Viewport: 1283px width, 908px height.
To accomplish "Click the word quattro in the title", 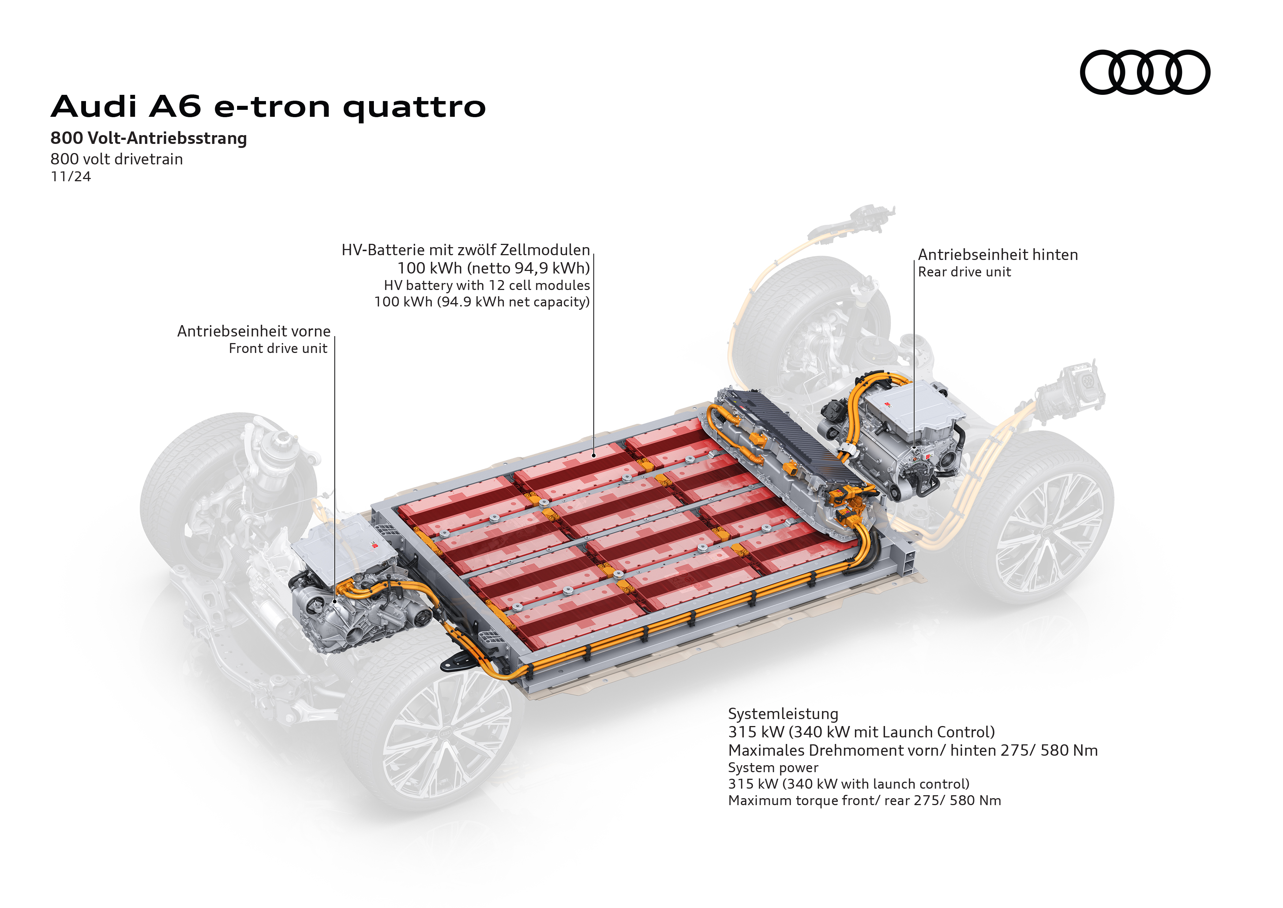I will click(414, 107).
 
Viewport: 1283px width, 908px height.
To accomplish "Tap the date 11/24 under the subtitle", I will click(70, 177).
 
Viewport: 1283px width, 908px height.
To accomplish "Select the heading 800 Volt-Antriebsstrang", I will click(149, 138).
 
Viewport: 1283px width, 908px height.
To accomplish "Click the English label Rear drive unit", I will click(964, 272).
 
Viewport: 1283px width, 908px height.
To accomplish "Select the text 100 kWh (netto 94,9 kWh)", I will click(494, 268).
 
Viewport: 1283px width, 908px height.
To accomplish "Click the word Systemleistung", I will click(783, 714).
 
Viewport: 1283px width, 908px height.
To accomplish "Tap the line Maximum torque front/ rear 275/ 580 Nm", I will click(864, 801).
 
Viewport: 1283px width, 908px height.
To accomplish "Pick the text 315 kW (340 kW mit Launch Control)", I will click(861, 732).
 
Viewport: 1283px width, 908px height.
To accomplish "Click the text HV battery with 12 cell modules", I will click(486, 286).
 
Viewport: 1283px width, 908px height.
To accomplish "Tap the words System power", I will click(773, 768).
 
